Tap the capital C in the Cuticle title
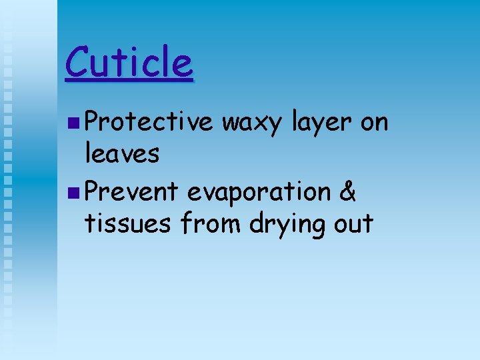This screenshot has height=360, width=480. [x=78, y=63]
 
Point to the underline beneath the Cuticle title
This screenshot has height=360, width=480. [x=129, y=81]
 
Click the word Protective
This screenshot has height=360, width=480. [x=149, y=123]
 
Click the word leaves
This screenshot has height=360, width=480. [x=122, y=154]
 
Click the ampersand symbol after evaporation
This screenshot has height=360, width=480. [x=348, y=192]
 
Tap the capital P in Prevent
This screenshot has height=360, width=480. [x=93, y=192]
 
